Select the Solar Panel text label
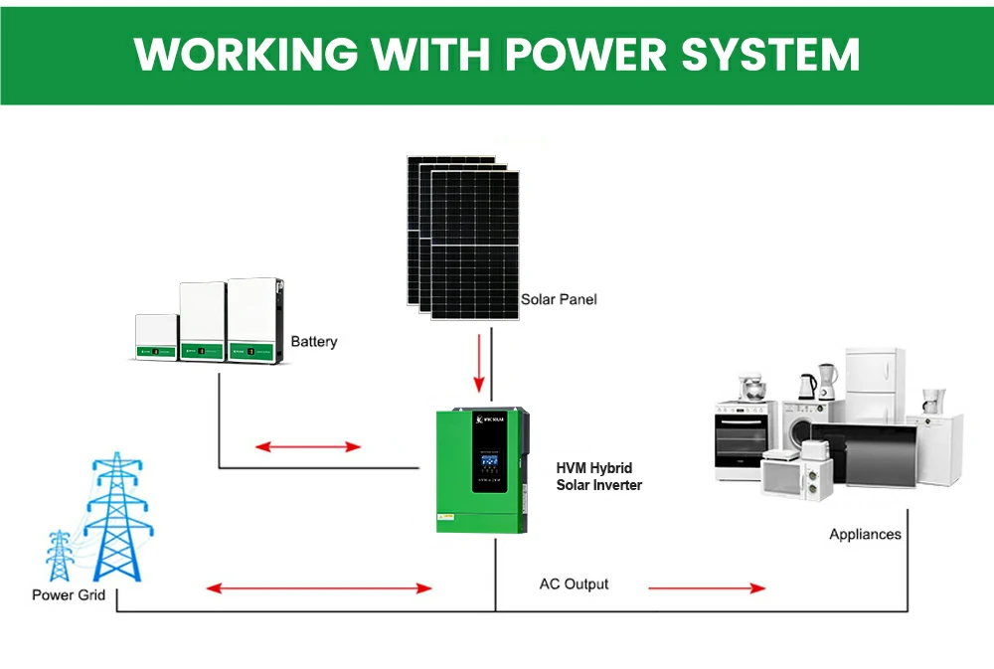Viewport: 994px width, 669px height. tap(559, 299)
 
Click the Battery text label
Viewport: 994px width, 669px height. tap(314, 342)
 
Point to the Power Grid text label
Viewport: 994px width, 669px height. tap(67, 595)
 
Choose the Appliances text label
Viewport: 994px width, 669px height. tap(865, 535)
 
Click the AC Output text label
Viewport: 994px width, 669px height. tap(574, 585)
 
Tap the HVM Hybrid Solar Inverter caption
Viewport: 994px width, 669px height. tap(598, 476)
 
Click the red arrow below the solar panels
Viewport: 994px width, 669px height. tap(480, 365)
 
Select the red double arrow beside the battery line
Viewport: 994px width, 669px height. tap(308, 447)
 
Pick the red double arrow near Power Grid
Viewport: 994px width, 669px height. tap(319, 588)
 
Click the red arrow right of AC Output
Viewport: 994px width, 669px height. tap(707, 588)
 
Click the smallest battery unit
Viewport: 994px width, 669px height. tap(156, 337)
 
